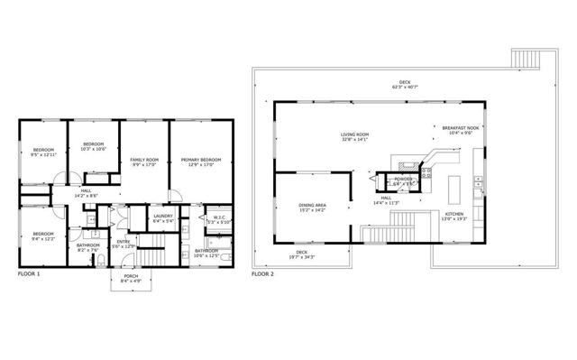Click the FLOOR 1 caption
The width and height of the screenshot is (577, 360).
coord(28,272)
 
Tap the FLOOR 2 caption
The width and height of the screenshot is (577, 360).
coord(263,272)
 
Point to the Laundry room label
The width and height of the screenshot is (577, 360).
coord(163,217)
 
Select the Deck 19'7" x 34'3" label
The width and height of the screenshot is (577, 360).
coord(303,254)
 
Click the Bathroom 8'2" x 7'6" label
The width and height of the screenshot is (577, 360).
coord(87,246)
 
